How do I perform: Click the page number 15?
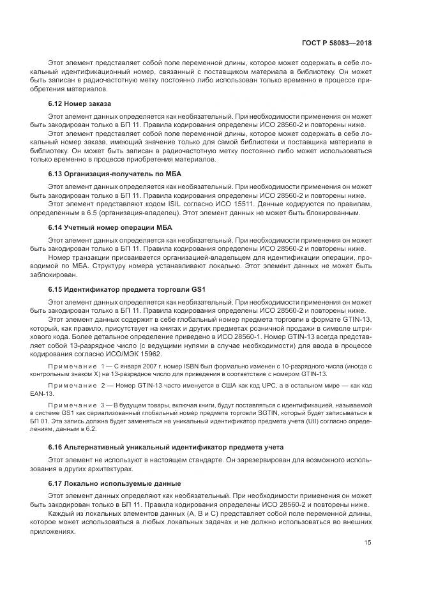click(368, 543)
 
